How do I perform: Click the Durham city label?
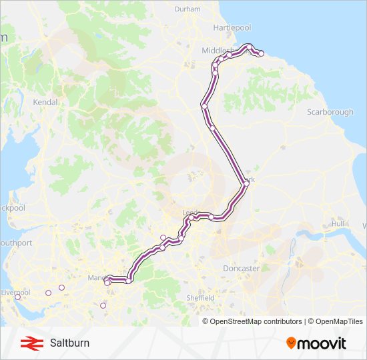pos(187,9)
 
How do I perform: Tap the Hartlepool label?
pos(232,27)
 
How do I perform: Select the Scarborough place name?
pos(330,112)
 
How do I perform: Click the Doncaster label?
pos(241,268)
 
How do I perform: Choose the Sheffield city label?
pos(200,297)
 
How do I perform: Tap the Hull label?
pos(338,223)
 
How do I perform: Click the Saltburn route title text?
pos(69,343)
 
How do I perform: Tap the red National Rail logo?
pos(29,343)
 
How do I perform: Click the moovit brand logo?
pos(316,343)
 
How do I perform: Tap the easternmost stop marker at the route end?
pos(261,53)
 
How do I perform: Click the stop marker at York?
pos(245,183)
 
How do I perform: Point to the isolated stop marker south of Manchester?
pos(103,306)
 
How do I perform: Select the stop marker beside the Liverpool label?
pos(17,297)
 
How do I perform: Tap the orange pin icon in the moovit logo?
pos(291,343)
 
